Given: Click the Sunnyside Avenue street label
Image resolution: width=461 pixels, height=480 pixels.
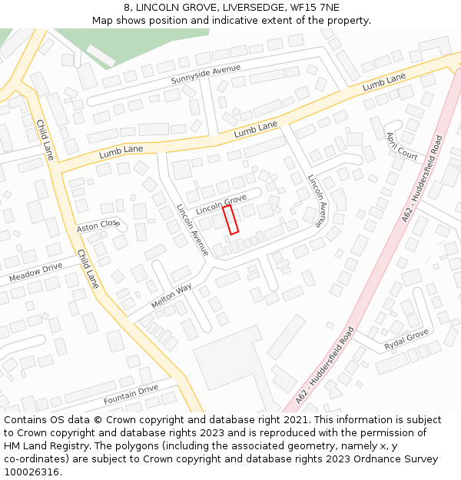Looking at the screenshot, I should [205, 74].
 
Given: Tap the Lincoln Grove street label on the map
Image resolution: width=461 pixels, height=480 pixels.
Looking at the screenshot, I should [221, 204].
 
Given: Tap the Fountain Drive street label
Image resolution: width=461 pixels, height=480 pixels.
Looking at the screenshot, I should [131, 395].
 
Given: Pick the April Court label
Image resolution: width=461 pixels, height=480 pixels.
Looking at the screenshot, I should [402, 145].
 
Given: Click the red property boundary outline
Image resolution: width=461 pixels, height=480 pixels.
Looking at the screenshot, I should [230, 219].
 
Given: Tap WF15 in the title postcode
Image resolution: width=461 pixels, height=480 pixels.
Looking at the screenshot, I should [303, 8].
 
